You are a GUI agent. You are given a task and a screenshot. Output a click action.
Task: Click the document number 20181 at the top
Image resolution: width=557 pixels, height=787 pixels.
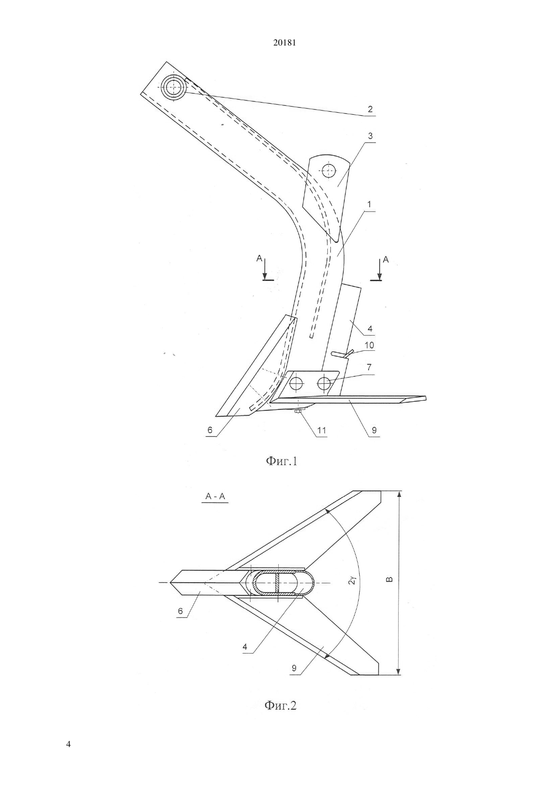pos(284,43)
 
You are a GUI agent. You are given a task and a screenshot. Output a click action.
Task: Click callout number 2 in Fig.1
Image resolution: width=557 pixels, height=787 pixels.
pos(370,109)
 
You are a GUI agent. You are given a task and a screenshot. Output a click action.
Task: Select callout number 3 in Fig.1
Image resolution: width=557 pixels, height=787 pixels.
pos(370,135)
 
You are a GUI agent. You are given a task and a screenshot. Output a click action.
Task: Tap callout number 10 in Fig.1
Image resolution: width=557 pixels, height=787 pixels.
pos(369,345)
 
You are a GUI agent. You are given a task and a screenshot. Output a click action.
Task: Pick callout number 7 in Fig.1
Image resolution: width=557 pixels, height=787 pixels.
pos(369,367)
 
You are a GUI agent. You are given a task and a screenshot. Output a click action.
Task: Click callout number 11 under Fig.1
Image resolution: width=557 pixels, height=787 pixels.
pos(322,430)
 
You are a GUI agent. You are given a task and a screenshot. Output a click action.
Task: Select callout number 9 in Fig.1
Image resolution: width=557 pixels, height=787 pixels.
pos(374,430)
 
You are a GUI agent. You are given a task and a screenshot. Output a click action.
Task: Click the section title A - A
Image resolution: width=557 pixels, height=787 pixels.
pos(215,496)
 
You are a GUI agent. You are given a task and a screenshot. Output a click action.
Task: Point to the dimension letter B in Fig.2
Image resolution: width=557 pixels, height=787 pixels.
pos(389,579)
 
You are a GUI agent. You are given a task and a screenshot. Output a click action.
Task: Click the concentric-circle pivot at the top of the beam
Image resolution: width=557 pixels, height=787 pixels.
pos(173,87)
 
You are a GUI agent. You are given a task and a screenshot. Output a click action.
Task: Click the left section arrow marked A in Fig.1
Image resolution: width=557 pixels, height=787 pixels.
pos(265,270)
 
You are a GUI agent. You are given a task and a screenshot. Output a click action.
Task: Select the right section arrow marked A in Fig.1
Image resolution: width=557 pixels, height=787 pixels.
pos(379,270)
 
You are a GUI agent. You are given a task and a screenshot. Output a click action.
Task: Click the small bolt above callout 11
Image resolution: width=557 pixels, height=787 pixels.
pos(298,411)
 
